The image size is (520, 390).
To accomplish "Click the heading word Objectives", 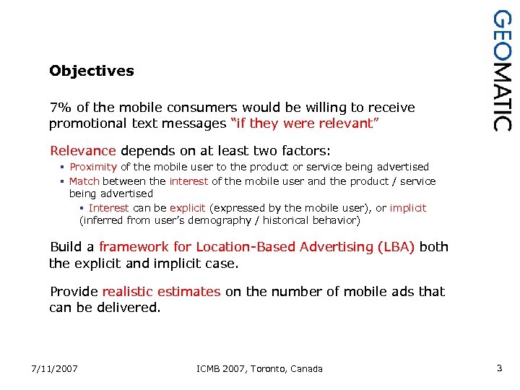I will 92,71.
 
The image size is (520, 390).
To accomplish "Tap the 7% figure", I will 59,108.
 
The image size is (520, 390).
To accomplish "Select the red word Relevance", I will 82,151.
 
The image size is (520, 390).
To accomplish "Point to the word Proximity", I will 93,167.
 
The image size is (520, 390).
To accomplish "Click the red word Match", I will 84,181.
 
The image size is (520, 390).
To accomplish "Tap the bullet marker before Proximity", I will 63,168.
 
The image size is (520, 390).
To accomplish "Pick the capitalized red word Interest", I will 109,208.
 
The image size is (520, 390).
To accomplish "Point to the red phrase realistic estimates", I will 161,292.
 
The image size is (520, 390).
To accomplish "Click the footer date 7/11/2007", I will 54,369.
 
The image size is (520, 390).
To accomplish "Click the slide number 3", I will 499,368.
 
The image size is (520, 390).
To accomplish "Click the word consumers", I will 207,108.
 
